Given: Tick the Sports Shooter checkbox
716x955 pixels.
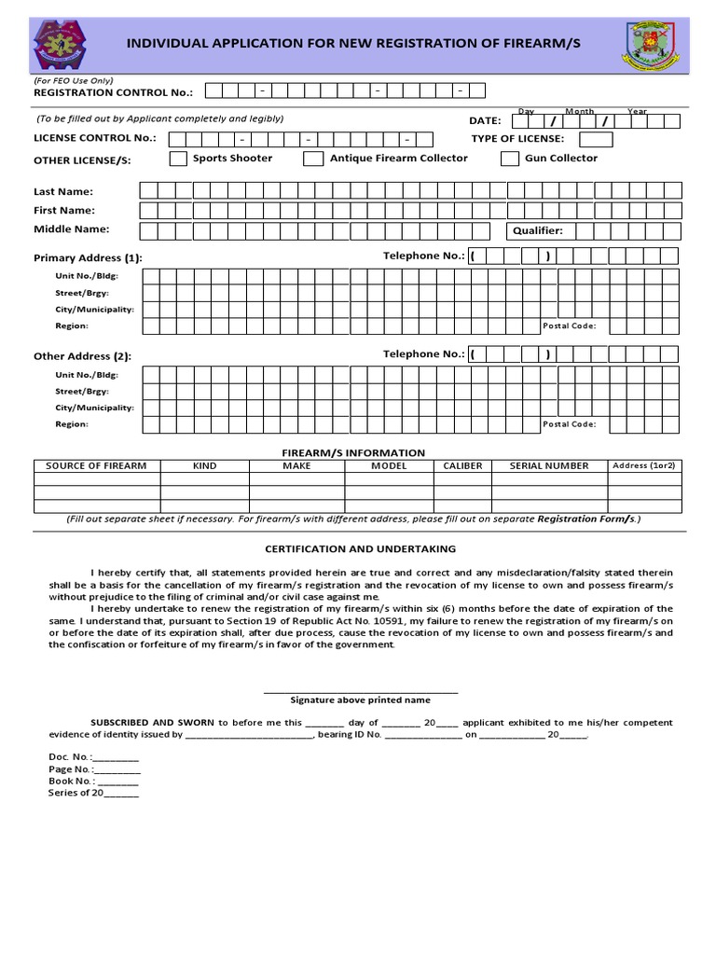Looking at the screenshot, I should click(x=177, y=159).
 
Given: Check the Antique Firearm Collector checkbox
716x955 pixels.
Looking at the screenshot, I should click(x=313, y=159).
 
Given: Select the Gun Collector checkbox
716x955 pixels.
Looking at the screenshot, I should click(x=509, y=159).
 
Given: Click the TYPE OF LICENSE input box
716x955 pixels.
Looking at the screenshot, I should click(x=596, y=139).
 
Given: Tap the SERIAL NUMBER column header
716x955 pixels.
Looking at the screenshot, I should click(x=548, y=465).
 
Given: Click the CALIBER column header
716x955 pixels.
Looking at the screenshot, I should click(x=462, y=465).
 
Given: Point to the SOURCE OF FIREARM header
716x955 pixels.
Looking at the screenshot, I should click(x=96, y=465).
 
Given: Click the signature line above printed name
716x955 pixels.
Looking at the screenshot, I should click(x=360, y=691).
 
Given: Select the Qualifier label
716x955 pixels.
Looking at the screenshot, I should click(x=538, y=230).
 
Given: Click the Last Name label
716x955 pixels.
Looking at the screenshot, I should click(x=63, y=191).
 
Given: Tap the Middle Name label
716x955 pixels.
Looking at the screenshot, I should click(x=71, y=228).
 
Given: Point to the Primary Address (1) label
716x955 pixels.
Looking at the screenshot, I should click(x=88, y=257).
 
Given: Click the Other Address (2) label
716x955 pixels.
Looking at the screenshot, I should click(x=82, y=355).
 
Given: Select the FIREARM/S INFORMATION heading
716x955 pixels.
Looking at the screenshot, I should click(x=353, y=452).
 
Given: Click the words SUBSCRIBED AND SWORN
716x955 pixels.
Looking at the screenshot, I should click(x=152, y=722).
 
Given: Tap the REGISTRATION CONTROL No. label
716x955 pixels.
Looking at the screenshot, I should click(x=113, y=92).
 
